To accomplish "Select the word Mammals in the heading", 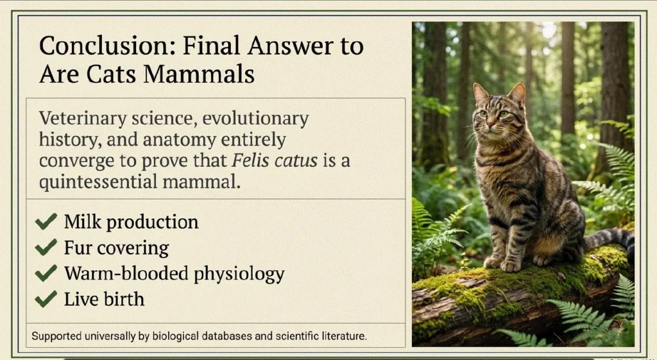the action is [x=199, y=74].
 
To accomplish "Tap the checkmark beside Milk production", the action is [x=46, y=221].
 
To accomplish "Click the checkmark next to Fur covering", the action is [x=46, y=247].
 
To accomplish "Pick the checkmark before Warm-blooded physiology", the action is [x=46, y=273].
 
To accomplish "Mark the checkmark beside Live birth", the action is [x=46, y=299].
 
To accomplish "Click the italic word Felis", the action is [x=247, y=160].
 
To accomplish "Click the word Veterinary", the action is [x=83, y=119].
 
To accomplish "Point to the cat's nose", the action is [x=490, y=124].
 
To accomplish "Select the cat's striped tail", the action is [x=610, y=240].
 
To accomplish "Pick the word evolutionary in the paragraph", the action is [x=255, y=119].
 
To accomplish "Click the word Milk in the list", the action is [x=83, y=221].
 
